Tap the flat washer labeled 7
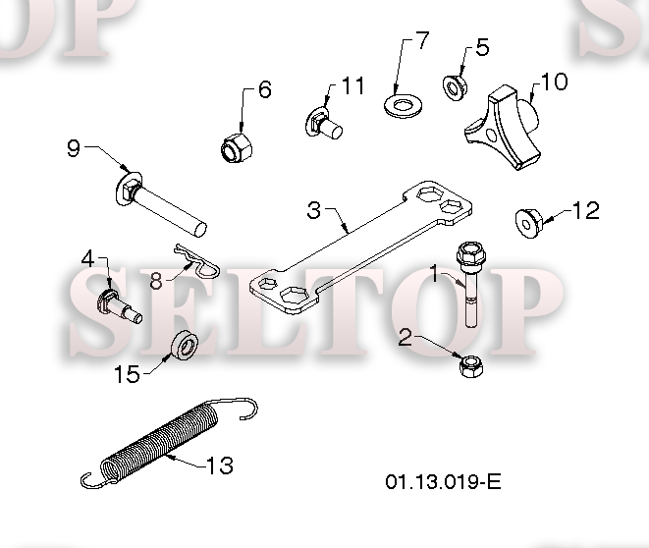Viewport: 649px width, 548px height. pyautogui.click(x=404, y=106)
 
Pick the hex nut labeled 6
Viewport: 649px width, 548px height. pyautogui.click(x=237, y=147)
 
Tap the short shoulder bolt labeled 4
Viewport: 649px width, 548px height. pyautogui.click(x=119, y=307)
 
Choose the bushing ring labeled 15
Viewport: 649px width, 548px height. pyautogui.click(x=185, y=345)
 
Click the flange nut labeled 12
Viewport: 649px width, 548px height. pyautogui.click(x=529, y=224)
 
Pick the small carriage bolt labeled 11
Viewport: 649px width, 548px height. pyautogui.click(x=324, y=123)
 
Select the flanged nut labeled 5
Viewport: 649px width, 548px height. pyautogui.click(x=456, y=87)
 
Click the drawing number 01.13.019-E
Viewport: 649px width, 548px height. pyautogui.click(x=443, y=482)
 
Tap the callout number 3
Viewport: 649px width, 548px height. pyautogui.click(x=314, y=210)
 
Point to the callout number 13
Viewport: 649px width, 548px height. pyautogui.click(x=220, y=466)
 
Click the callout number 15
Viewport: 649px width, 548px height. pyautogui.click(x=127, y=374)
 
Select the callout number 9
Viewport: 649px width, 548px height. pyautogui.click(x=74, y=148)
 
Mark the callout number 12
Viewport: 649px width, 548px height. pyautogui.click(x=586, y=210)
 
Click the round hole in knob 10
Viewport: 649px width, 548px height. pyautogui.click(x=491, y=135)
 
